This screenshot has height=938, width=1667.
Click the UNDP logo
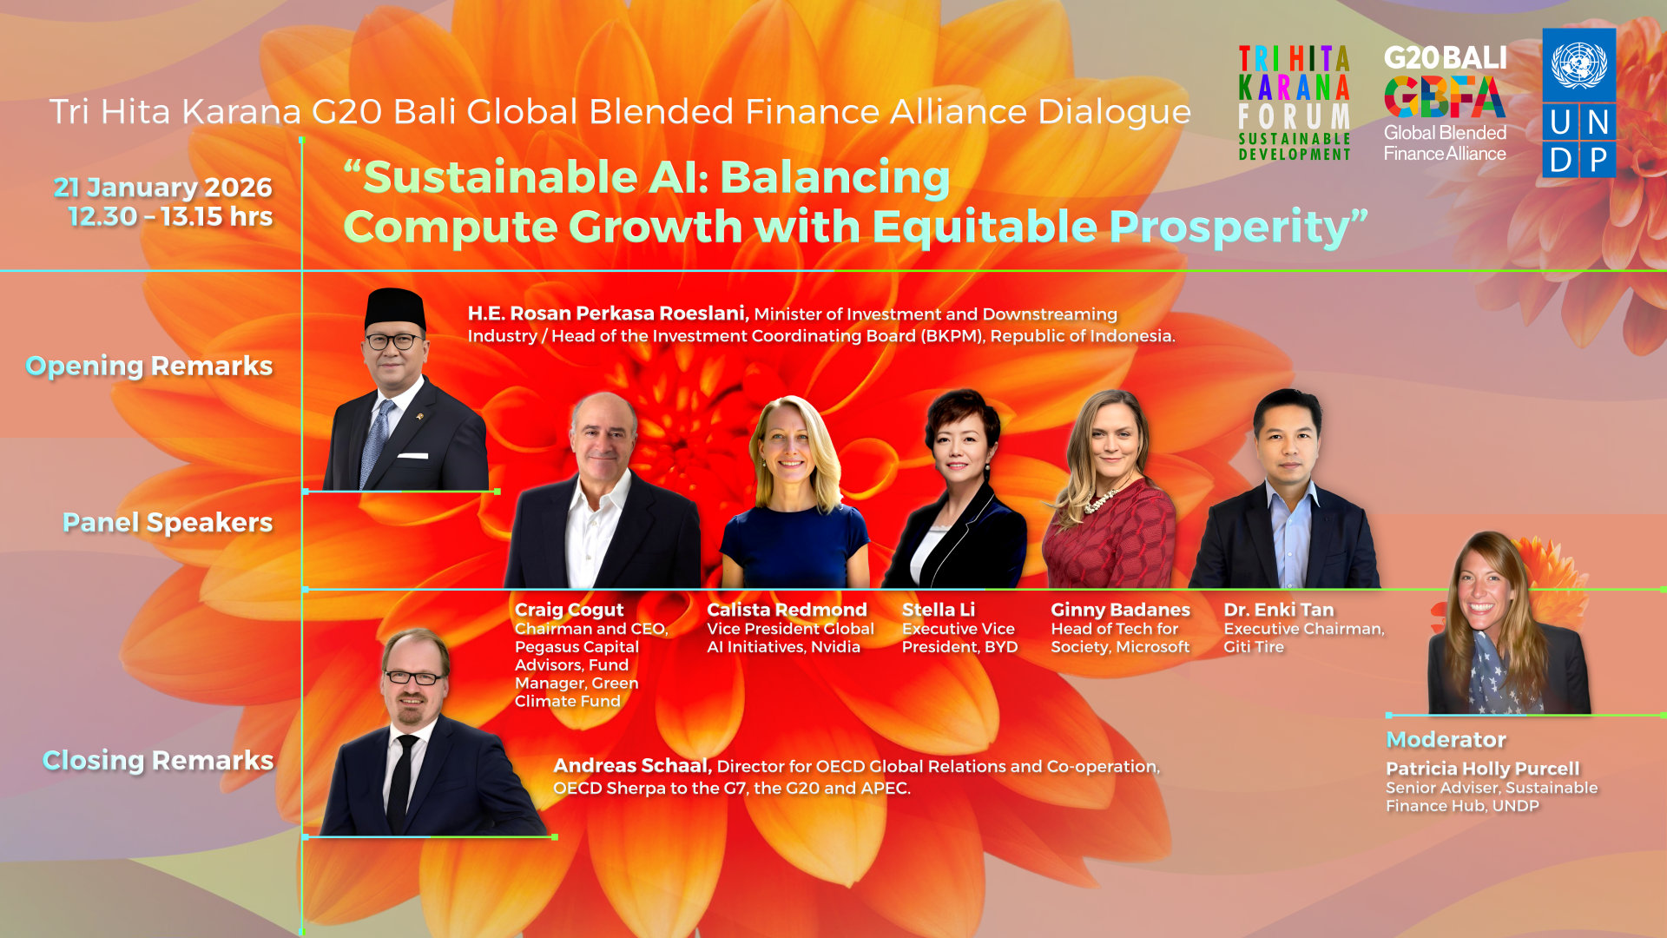[x=1578, y=102]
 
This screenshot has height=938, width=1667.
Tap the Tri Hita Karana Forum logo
[x=1294, y=103]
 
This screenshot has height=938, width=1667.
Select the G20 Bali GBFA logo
[x=1446, y=103]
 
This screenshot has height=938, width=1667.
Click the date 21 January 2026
[x=162, y=187]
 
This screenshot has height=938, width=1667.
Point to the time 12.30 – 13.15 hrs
[x=170, y=216]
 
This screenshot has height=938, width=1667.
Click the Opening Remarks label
[x=149, y=367]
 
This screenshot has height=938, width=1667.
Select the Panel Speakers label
[x=168, y=522]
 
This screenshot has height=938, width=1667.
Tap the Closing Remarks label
[x=158, y=760]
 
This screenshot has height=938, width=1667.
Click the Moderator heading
[x=1446, y=739]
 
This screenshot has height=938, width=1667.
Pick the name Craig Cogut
[x=569, y=610]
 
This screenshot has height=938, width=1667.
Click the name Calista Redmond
[x=787, y=610]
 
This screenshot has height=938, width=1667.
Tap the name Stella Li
[x=938, y=610]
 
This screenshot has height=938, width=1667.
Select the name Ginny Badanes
[x=1120, y=610]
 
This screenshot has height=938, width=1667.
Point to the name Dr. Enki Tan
[x=1278, y=610]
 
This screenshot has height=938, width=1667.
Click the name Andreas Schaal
[x=632, y=766]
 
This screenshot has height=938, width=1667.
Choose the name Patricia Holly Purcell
[x=1482, y=769]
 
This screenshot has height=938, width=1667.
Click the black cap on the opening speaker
[x=395, y=307]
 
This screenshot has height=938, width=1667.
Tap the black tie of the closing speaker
[x=402, y=782]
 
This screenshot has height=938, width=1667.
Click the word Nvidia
[x=835, y=647]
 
